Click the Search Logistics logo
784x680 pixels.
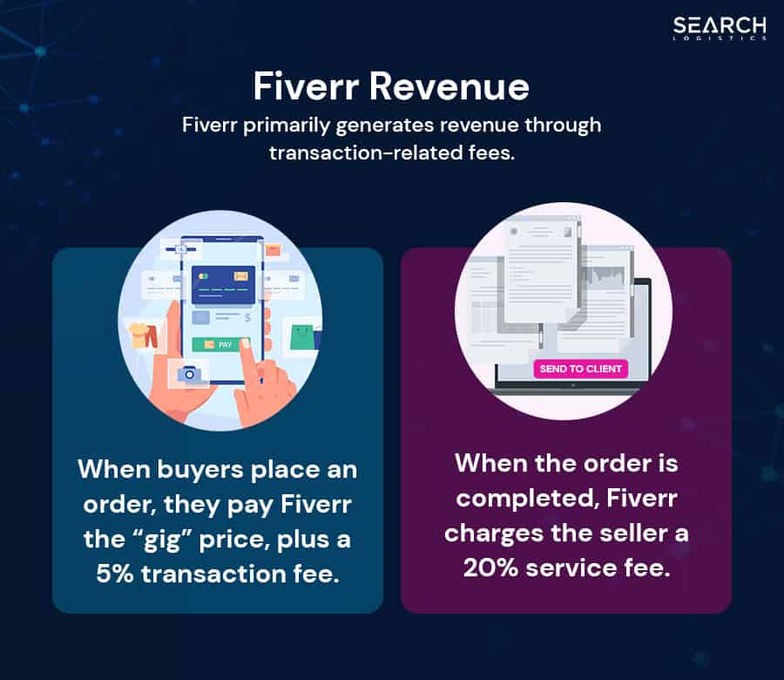pyautogui.click(x=719, y=28)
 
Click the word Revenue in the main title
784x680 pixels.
pyautogui.click(x=449, y=86)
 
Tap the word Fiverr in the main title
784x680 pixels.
pyautogui.click(x=306, y=86)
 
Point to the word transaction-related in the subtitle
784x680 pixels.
pyautogui.click(x=367, y=153)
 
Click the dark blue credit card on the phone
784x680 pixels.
pyautogui.click(x=224, y=285)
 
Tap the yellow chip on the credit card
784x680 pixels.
pyautogui.click(x=241, y=275)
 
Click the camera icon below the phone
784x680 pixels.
pyautogui.click(x=189, y=374)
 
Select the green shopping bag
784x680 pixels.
pyautogui.click(x=302, y=337)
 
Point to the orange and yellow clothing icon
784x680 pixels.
pyautogui.click(x=144, y=336)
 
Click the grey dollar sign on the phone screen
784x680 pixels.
pyautogui.click(x=247, y=317)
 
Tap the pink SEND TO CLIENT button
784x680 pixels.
pyautogui.click(x=580, y=369)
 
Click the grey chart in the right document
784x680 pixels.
pyautogui.click(x=606, y=276)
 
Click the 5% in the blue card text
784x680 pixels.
pyautogui.click(x=115, y=574)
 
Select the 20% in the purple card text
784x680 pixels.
pyautogui.click(x=490, y=568)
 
